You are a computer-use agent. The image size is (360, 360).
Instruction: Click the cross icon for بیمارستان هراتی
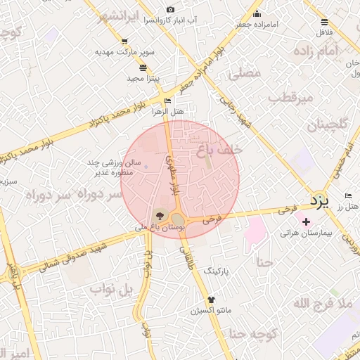306,222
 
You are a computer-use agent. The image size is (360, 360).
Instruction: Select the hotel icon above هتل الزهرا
167,101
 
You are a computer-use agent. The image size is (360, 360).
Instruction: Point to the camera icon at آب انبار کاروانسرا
171,10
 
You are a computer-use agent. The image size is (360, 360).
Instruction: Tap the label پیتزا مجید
143,78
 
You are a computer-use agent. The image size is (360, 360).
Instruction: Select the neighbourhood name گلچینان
327,125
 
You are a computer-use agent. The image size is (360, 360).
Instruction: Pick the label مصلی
245,73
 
